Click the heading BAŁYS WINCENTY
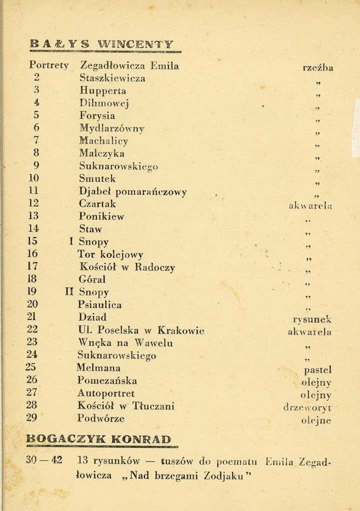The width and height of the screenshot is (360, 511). pos(102,44)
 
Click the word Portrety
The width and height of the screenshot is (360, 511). pos(49,65)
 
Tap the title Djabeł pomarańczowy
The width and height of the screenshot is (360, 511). pos(133,192)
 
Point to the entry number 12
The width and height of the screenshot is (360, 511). pos(34,204)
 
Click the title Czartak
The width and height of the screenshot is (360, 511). pos(97,204)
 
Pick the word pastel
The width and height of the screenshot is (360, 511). pos(318,370)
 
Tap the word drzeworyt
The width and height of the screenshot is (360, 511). pos(307,407)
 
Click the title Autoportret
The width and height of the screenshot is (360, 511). pos(106,393)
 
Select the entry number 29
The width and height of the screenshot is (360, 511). pos(31,418)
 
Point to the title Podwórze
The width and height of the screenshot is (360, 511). pos(101,418)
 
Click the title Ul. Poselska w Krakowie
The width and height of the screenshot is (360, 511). pos(141,330)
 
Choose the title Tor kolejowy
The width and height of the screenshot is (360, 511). pos(111,254)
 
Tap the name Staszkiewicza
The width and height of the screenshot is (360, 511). pos(112,78)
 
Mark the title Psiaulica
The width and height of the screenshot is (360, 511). pos(100,304)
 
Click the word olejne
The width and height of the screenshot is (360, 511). pos(317,420)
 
